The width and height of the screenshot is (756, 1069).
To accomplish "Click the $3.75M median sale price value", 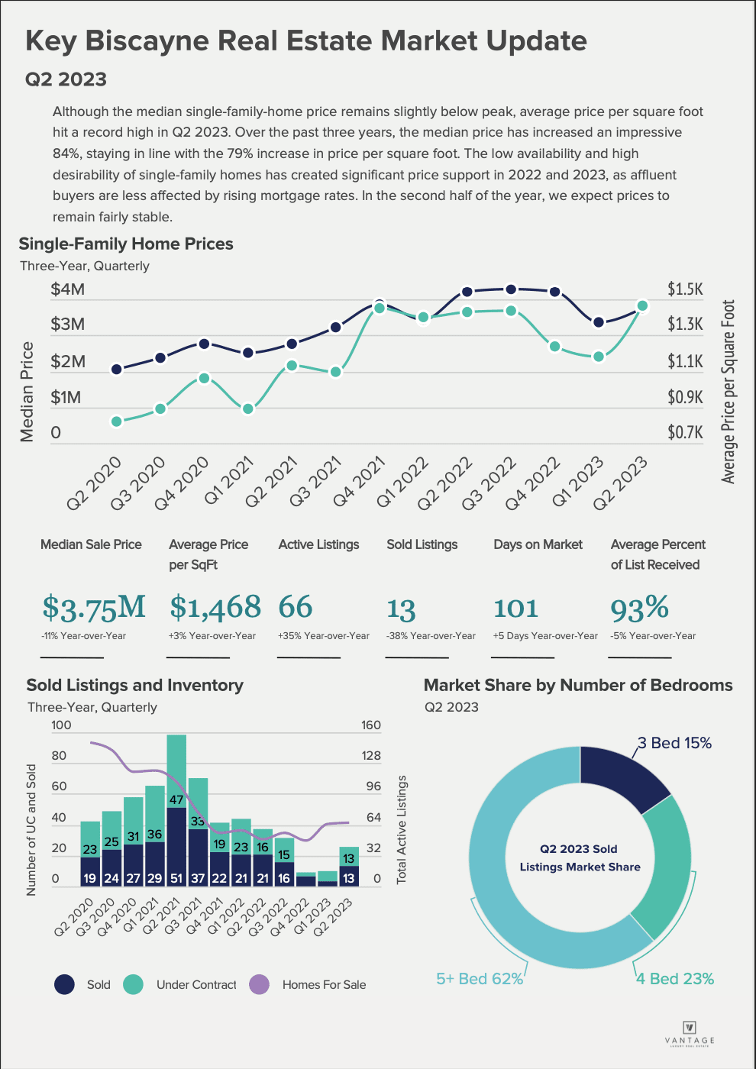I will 93,608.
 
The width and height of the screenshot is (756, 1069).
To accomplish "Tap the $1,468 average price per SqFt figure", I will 215,608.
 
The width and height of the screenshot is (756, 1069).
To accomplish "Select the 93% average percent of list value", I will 639,609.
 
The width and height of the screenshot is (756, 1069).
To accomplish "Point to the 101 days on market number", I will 516,609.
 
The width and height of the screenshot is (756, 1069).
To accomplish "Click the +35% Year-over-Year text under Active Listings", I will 323,636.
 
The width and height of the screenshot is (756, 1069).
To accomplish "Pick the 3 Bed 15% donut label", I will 674,743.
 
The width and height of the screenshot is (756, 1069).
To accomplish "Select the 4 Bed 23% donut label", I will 675,979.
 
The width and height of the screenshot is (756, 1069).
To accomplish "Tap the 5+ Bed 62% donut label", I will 480,979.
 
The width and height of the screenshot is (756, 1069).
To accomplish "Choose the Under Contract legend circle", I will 133,985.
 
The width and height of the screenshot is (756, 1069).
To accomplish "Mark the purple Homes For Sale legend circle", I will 260,985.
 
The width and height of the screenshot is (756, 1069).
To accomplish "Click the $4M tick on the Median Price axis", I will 67,289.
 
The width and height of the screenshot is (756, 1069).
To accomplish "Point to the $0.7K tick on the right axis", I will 685,433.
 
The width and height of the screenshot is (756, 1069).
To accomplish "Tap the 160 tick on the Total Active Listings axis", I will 371,725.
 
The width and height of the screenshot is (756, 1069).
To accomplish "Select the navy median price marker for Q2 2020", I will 117,369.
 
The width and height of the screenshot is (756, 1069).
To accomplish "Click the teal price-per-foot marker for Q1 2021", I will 247,409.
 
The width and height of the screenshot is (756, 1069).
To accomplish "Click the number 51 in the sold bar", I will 176,878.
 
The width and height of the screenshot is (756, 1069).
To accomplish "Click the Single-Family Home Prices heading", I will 126,244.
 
